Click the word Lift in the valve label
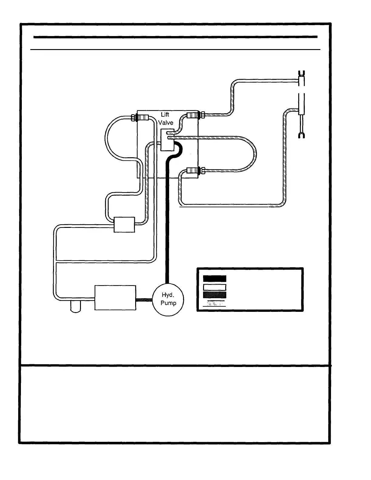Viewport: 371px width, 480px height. (x=165, y=115)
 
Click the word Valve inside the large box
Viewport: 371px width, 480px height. (x=166, y=123)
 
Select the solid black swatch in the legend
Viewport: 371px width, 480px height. (x=215, y=278)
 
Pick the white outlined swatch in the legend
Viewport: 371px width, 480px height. (x=215, y=287)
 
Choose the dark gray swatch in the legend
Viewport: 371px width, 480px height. (x=215, y=295)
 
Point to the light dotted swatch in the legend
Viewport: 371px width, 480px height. (x=215, y=303)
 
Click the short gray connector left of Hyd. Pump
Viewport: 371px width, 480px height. (x=144, y=300)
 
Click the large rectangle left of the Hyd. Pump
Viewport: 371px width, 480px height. (x=115, y=298)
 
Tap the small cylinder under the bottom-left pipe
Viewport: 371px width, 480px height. (x=75, y=307)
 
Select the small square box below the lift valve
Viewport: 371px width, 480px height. (x=124, y=225)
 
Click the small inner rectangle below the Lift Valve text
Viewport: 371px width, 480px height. (x=166, y=140)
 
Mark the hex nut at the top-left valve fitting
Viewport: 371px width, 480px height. (x=133, y=118)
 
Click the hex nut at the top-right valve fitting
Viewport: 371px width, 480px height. (x=202, y=115)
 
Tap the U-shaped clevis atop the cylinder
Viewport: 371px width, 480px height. (x=301, y=73)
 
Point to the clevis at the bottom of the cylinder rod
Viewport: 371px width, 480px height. (x=301, y=135)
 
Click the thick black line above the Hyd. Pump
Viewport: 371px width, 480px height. (x=167, y=218)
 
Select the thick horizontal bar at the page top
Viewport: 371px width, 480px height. (x=175, y=37)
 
